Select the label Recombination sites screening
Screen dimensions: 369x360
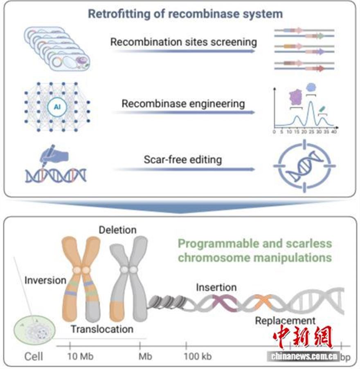click(184, 42)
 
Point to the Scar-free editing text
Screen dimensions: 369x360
click(183, 159)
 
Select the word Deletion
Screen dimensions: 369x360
click(117, 230)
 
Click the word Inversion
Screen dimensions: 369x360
click(45, 280)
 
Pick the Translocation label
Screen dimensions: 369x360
click(102, 329)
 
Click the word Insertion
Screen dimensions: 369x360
click(216, 287)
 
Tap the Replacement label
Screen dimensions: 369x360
click(285, 320)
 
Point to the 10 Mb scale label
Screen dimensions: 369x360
click(80, 356)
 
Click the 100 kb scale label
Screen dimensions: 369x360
click(198, 356)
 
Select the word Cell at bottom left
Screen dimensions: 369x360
click(34, 356)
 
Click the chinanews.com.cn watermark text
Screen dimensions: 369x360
click(303, 356)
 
